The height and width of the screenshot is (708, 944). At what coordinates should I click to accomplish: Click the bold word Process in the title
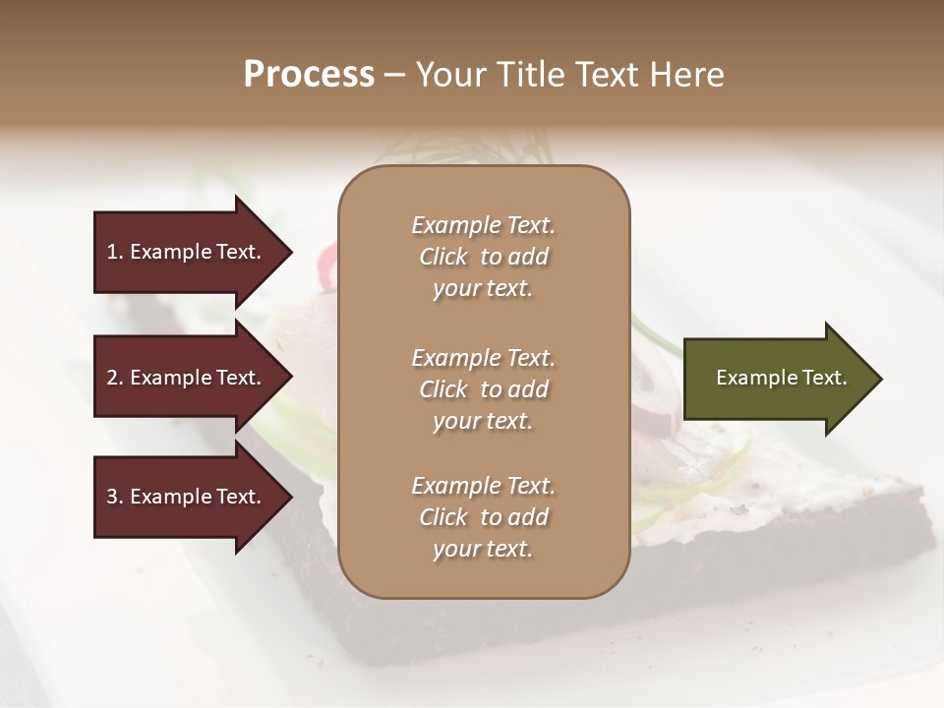tap(309, 75)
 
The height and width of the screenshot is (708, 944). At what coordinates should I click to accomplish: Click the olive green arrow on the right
tap(777, 379)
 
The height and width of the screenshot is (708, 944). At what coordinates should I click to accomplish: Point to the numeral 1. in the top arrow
tap(115, 252)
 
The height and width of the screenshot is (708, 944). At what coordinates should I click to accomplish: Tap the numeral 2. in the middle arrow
tap(115, 378)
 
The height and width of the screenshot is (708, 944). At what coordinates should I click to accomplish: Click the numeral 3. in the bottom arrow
tap(115, 497)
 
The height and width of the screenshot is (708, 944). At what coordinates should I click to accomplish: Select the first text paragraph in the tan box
tap(483, 257)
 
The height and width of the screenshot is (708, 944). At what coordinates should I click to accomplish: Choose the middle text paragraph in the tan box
tap(483, 388)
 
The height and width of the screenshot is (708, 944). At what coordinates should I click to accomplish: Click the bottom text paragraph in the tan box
tap(483, 517)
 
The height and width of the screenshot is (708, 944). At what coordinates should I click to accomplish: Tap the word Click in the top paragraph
tap(443, 257)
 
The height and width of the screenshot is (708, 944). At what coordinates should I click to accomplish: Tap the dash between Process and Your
tap(394, 75)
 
